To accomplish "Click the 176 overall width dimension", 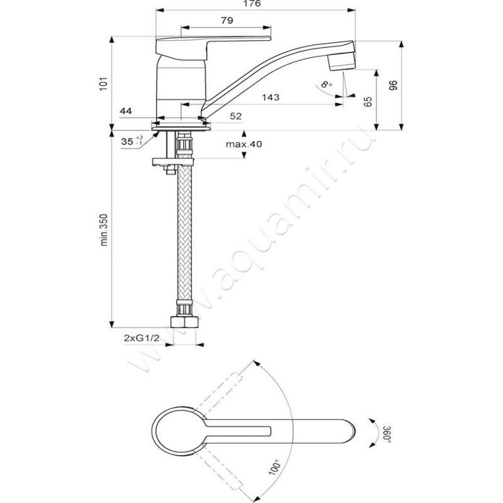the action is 252,4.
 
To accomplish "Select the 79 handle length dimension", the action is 227,21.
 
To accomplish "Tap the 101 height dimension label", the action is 104,84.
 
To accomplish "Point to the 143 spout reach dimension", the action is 270,97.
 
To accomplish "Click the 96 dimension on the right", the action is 394,86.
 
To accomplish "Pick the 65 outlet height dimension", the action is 368,102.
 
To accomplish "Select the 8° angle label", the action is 326,85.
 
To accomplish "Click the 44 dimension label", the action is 126,111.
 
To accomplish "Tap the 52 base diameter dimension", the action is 236,116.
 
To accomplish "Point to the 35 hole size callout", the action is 132,141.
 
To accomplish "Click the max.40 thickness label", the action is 244,144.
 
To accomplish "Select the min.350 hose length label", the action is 104,230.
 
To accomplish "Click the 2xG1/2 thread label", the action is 141,338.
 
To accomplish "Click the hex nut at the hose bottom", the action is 184,321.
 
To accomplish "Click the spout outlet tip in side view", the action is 343,68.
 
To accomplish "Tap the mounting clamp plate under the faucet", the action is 174,162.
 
